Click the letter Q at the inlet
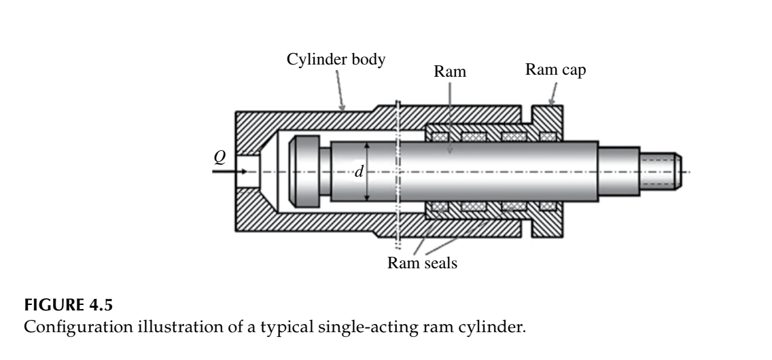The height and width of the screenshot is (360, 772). point(219,157)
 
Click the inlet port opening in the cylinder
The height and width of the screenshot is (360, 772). point(249,170)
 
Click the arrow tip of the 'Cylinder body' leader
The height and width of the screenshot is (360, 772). point(344,109)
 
